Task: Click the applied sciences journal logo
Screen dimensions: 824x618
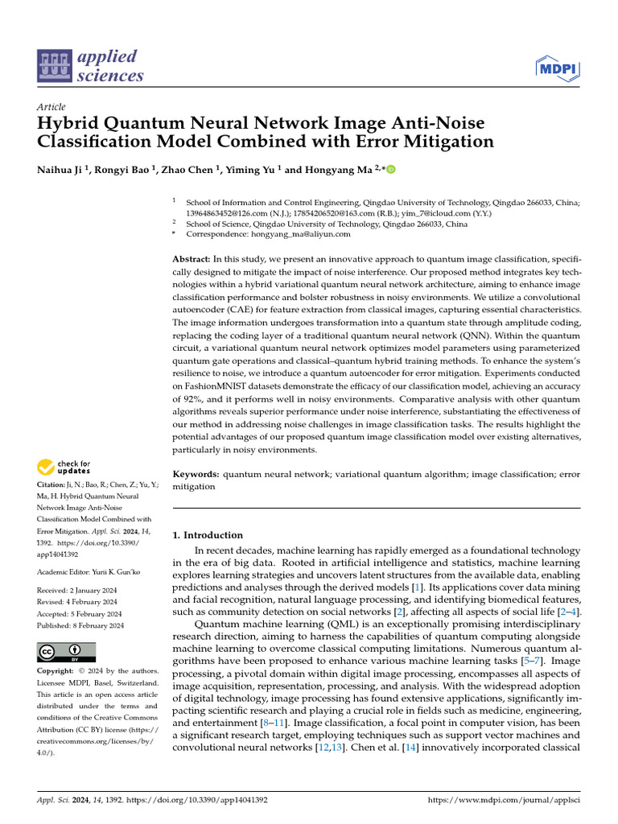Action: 90,67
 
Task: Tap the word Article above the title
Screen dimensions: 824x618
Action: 51,107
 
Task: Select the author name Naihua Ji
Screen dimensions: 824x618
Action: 64,170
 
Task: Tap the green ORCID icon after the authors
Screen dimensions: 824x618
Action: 392,170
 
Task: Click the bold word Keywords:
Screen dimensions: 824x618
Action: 196,475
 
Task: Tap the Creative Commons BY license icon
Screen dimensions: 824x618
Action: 66,652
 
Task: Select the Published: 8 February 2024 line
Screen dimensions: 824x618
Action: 80,624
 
